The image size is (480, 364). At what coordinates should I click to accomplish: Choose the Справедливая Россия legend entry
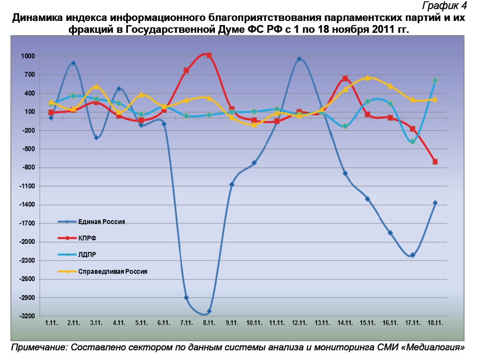(112, 272)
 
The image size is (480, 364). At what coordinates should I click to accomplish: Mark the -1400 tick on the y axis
(26, 205)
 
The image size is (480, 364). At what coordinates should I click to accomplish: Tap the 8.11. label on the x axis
(209, 323)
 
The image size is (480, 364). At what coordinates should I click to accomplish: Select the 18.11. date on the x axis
(434, 323)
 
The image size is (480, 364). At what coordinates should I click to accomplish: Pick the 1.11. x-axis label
(51, 323)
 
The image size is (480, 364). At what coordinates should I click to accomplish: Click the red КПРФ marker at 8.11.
(209, 56)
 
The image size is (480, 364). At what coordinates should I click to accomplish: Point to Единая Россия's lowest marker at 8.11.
(209, 311)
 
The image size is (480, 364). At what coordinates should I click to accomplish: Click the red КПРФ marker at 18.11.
(435, 162)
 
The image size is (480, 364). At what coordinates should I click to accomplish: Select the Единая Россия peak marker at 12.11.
(299, 59)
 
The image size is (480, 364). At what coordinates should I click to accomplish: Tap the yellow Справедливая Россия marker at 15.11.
(367, 78)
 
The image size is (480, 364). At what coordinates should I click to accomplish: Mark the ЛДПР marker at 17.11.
(412, 142)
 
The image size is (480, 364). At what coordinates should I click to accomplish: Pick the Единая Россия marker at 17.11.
(412, 255)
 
